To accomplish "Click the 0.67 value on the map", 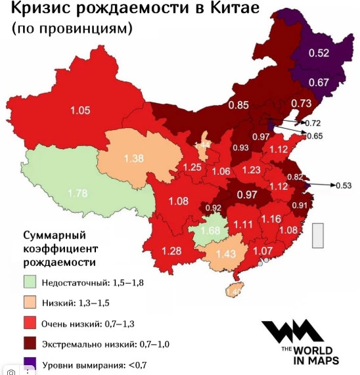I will [x=318, y=82].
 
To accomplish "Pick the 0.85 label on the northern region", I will [x=238, y=104].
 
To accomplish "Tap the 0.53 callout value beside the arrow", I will [x=344, y=186].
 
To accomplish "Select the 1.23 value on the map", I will [x=251, y=169].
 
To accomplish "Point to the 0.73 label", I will [x=301, y=103].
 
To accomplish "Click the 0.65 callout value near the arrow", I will [x=315, y=136].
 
